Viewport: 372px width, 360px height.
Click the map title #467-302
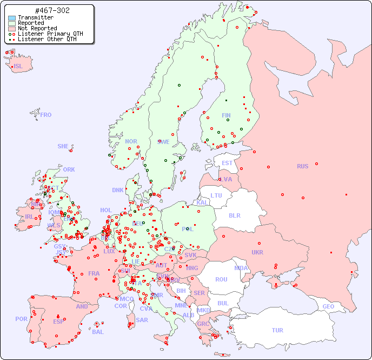[x=52, y=11]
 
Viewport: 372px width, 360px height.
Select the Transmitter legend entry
[x=35, y=18]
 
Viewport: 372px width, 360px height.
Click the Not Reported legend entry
[x=37, y=29]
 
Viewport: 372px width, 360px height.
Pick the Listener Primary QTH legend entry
[x=50, y=34]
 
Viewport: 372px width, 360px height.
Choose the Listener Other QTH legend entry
[x=49, y=39]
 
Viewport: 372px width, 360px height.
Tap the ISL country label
[x=18, y=67]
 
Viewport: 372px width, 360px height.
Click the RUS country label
[x=302, y=166]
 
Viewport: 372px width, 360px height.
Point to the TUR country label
[x=277, y=330]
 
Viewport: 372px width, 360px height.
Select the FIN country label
[x=226, y=115]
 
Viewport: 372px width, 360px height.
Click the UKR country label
[x=257, y=252]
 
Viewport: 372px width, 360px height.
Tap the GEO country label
[x=328, y=306]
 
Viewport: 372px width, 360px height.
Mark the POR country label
[x=21, y=319]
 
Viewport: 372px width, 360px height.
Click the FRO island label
[x=46, y=115]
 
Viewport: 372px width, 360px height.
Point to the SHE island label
[x=63, y=146]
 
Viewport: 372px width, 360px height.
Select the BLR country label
[x=234, y=215]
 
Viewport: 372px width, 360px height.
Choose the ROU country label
[x=221, y=279]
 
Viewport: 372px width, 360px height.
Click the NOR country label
[x=131, y=141]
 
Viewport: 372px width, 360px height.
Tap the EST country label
[x=227, y=163]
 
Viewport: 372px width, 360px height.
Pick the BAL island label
[x=98, y=332]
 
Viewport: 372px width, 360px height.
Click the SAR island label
[x=142, y=320]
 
